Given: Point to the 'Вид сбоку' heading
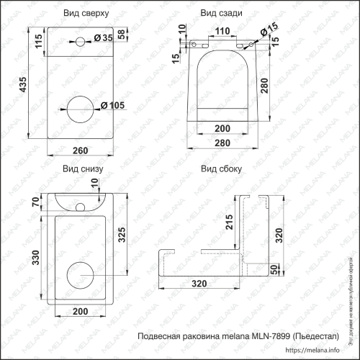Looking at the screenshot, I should click(x=220, y=169).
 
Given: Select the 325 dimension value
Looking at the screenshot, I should click(x=122, y=236).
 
